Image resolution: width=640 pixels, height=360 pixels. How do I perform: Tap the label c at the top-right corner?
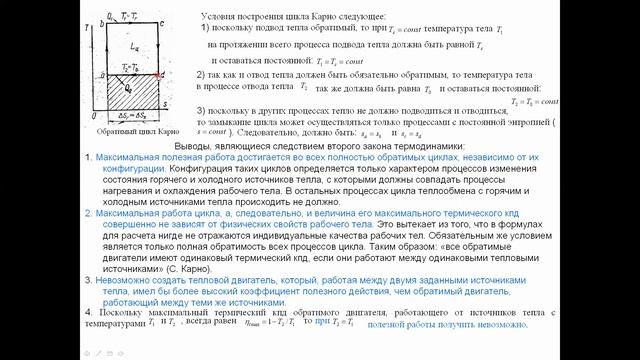163,22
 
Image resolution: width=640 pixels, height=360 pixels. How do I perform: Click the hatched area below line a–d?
131,100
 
